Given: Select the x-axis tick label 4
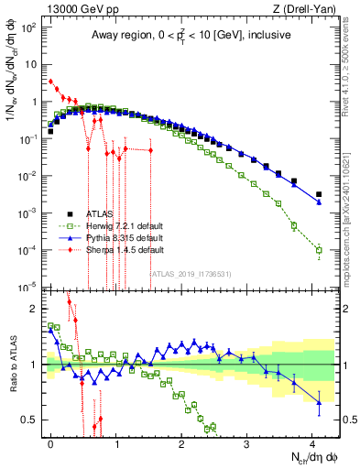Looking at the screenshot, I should click(x=312, y=442).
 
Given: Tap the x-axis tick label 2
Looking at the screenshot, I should click(x=181, y=442).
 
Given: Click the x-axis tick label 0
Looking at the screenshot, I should click(x=50, y=442).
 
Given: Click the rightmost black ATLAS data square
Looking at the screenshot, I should click(x=319, y=194).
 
